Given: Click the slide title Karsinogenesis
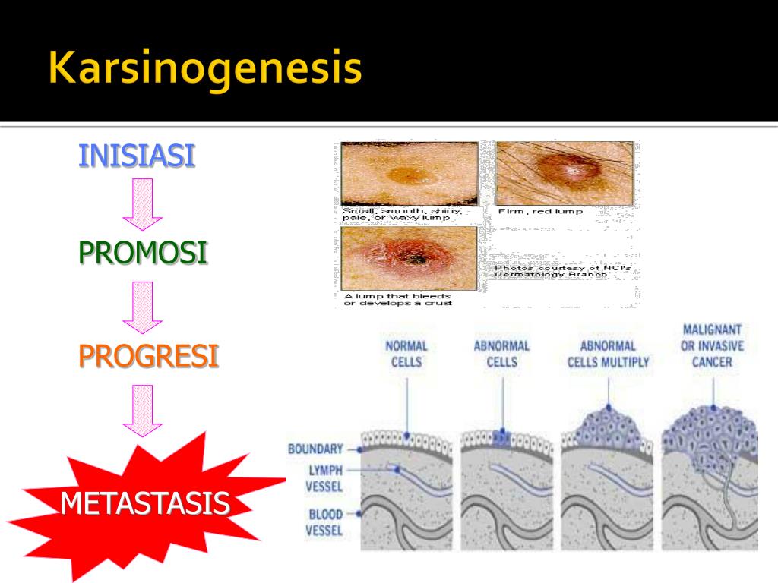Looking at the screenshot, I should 204,69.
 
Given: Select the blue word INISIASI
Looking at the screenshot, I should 137,156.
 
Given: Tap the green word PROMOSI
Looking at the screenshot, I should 143,252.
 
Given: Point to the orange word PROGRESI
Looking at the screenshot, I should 148,355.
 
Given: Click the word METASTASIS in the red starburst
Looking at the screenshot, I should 144,503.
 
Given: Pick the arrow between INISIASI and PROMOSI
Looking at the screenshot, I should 143,203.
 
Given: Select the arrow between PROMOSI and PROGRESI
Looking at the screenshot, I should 143,307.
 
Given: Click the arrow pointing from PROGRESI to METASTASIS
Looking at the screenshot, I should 143,410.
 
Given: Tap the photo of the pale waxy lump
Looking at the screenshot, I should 409,173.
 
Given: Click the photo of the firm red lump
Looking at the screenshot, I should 565,173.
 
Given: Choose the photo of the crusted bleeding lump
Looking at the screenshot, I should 409,258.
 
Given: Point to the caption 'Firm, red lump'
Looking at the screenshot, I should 540,211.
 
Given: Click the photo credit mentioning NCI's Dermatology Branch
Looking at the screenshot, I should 552,271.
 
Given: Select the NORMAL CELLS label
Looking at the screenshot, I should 406,354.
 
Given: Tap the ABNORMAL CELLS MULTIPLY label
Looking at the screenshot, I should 609,354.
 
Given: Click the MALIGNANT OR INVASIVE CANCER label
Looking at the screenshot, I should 712,345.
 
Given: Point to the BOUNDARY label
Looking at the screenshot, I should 315,449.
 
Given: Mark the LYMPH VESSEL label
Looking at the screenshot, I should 324,478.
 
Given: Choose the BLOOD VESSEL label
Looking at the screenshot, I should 324,522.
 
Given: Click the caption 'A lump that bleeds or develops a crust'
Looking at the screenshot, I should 397,299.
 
